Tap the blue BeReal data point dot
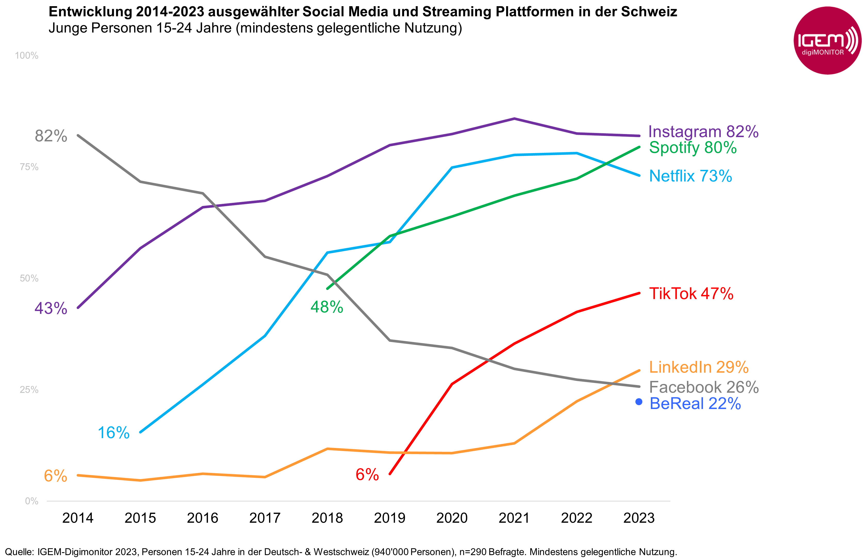pyautogui.click(x=639, y=402)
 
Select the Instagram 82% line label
pyautogui.click(x=703, y=131)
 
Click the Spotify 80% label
pyautogui.click(x=692, y=147)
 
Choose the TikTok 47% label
pyautogui.click(x=691, y=294)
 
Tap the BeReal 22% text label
pyautogui.click(x=695, y=404)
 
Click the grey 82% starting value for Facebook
pyautogui.click(x=51, y=136)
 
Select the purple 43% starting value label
pyautogui.click(x=51, y=308)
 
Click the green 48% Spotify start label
pyautogui.click(x=327, y=307)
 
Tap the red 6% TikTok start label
pyautogui.click(x=367, y=475)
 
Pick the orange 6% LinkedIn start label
pyautogui.click(x=55, y=476)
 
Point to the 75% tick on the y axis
pyautogui.click(x=29, y=167)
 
